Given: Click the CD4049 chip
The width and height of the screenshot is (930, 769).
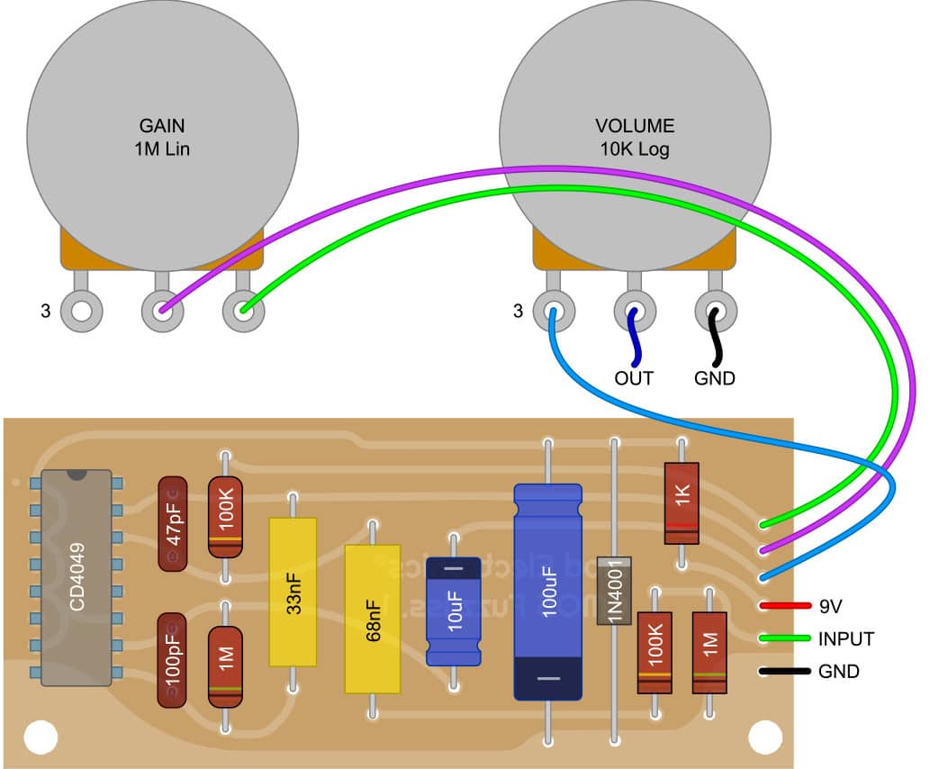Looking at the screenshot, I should coord(76,576).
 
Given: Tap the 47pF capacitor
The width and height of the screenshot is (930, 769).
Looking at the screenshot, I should coord(173,523).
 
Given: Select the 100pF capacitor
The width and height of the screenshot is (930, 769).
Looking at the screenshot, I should coord(173,659).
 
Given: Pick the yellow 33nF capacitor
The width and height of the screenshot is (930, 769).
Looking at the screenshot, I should coord(293,592).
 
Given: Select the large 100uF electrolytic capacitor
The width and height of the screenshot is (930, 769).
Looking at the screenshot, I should coord(547,591).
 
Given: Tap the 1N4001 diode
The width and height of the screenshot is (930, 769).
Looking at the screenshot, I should coord(614,591).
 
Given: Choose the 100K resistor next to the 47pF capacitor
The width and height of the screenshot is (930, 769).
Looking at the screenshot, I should coord(225,517).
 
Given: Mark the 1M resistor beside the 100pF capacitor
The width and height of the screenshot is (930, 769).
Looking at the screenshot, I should coord(225,667).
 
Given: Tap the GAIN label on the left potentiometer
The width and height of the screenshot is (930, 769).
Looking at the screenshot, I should coord(163,126).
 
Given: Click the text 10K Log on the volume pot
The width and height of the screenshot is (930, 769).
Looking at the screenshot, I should coord(635,149).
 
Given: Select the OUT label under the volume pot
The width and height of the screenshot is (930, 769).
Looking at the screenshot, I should coord(634,378).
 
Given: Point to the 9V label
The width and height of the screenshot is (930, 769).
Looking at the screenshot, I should coord(832,606).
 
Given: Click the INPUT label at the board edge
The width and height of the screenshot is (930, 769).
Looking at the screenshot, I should coord(845,639).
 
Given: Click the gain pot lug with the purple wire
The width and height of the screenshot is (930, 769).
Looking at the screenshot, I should coord(162,312).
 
